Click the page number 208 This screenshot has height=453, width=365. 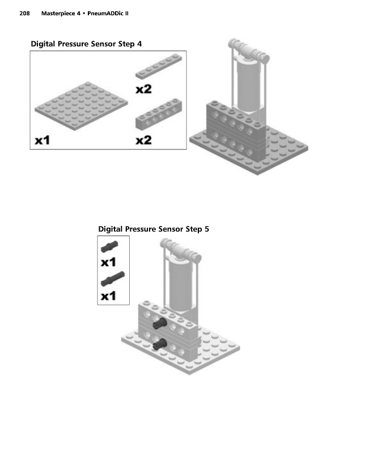coord(24,13)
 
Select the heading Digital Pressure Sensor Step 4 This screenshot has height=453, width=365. coord(86,44)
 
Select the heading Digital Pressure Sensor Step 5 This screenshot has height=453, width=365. coord(154,229)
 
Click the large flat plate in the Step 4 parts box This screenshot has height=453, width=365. coord(81,106)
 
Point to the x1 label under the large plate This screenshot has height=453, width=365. coord(43,140)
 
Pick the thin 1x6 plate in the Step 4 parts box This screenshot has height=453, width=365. coord(159,66)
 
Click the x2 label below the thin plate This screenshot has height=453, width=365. coord(144,89)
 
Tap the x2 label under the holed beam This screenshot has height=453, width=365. coord(144,140)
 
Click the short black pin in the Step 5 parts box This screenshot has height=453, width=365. coord(109,246)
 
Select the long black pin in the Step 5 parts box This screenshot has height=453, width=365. coord(113,279)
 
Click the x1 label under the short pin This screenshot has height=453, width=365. coord(108,262)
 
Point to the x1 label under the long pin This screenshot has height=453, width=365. coord(108,296)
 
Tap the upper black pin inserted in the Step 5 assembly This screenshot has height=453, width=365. coord(160,323)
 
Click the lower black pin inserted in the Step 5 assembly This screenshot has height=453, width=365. coord(159,344)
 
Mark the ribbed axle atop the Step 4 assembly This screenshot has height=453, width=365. coord(249,50)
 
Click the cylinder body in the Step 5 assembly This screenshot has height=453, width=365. coord(180,285)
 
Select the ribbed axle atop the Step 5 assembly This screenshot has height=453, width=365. coord(181,250)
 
